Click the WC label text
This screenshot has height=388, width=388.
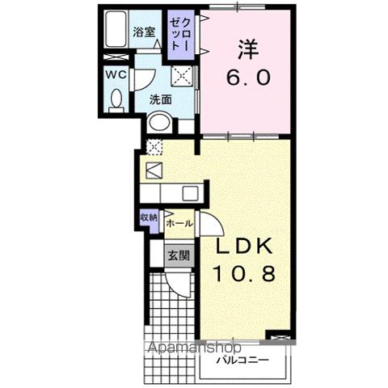coord(114,74)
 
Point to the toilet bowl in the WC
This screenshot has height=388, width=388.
coord(115,100)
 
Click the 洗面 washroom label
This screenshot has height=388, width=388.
coord(160,100)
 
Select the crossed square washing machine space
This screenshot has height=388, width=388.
coord(181,76)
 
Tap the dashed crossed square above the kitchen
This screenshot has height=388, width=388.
coord(154,147)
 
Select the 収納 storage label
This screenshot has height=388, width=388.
coord(148,217)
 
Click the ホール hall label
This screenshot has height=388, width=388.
coord(179,222)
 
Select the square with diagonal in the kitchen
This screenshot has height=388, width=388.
coord(154,171)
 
